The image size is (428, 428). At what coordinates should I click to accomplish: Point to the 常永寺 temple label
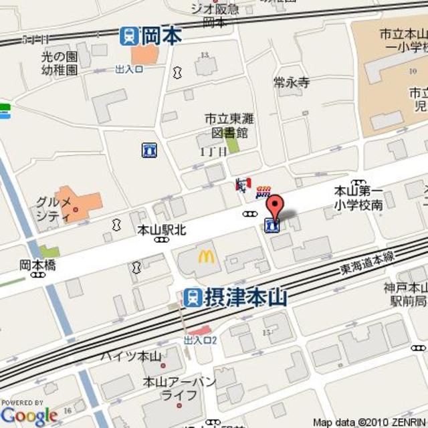(x=292, y=83)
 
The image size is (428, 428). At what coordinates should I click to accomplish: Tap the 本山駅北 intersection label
(x=160, y=229)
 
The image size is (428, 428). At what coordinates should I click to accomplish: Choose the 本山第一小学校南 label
(x=358, y=198)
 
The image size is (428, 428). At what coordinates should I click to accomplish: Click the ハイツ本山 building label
(x=131, y=356)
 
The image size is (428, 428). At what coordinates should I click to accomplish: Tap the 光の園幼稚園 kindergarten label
(x=58, y=63)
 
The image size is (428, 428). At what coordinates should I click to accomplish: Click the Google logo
(x=29, y=415)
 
